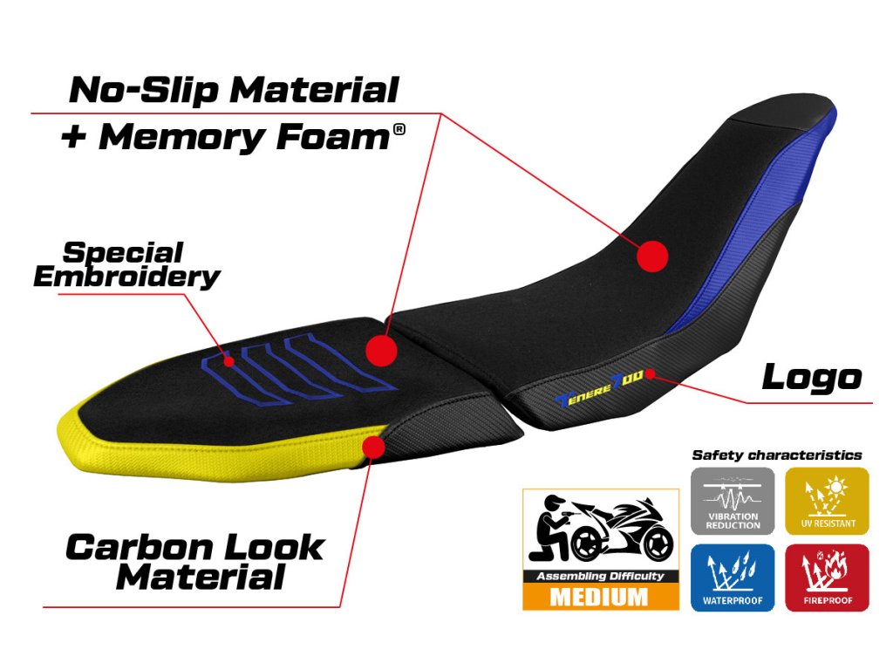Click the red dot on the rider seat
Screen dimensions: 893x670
click(651, 256)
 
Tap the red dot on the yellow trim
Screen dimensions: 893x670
click(374, 447)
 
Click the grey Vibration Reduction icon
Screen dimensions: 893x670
click(733, 501)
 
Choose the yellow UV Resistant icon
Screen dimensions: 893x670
click(828, 501)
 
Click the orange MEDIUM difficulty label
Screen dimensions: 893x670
click(600, 598)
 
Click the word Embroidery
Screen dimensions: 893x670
click(126, 277)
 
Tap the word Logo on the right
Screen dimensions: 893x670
click(811, 377)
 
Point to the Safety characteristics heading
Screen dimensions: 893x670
click(776, 455)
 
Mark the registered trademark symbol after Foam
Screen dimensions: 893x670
click(399, 130)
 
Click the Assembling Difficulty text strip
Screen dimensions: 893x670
click(600, 576)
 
